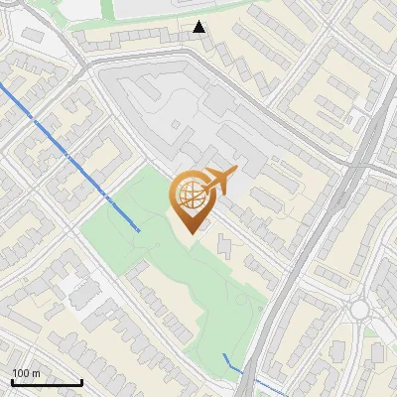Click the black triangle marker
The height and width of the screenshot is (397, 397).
(200, 27)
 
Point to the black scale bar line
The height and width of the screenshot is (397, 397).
(47, 382)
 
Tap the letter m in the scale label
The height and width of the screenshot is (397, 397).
(37, 373)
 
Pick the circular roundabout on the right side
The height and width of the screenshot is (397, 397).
(359, 310)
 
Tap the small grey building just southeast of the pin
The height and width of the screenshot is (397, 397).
(223, 242)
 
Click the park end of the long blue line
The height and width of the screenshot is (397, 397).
(137, 230)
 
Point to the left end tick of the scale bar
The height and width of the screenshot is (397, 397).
(12, 381)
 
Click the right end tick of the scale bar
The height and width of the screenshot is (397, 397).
(81, 381)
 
